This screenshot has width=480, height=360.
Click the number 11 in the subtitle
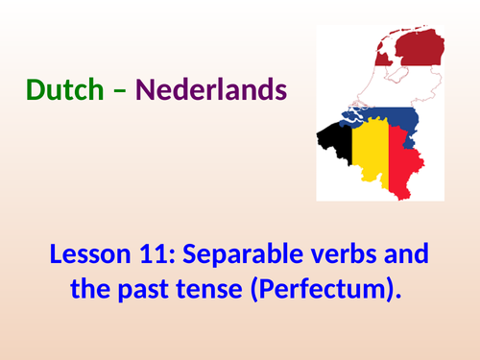pyautogui.click(x=153, y=256)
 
